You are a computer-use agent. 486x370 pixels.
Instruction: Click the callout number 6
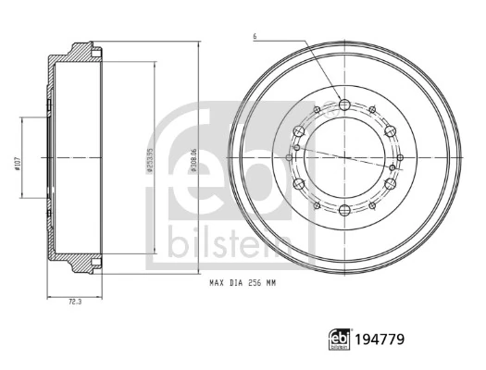(x=254, y=37)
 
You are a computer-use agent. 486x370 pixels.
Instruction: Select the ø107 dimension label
(x=19, y=164)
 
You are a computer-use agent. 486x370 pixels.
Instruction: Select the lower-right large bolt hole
(x=391, y=185)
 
